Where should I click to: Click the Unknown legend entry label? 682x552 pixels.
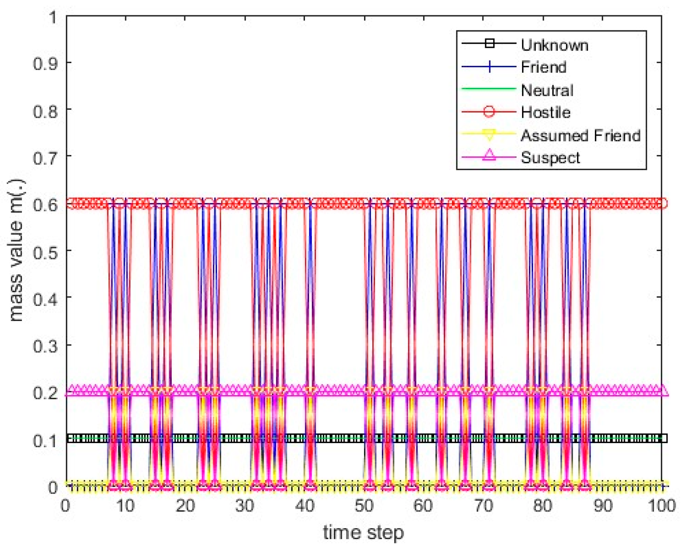coord(554,45)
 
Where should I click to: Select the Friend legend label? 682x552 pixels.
coord(543,67)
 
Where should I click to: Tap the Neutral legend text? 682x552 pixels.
coord(547,90)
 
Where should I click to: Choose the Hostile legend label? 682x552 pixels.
coord(546,112)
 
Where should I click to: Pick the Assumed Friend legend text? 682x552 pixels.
coord(580,135)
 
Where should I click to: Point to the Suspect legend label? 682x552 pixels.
coord(550,157)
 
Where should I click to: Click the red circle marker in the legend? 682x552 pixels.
coord(489,112)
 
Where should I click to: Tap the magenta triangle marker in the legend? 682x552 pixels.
coord(489,155)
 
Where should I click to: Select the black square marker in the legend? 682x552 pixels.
coord(489,43)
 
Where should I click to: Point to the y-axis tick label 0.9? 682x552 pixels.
coord(45,63)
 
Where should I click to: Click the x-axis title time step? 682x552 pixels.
coord(363,533)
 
